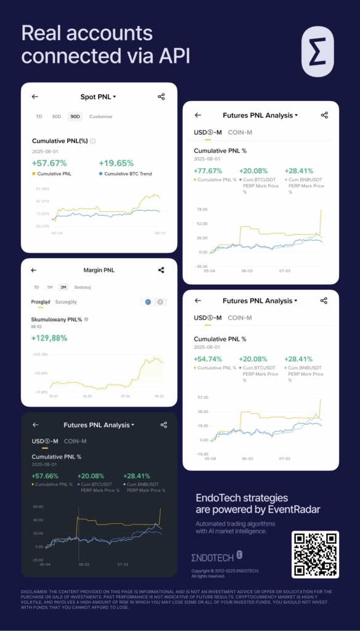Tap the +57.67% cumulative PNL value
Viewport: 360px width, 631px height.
49,163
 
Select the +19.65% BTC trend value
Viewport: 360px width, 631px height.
116,163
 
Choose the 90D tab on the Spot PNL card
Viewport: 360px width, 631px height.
75,116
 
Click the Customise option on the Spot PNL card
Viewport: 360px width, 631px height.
100,116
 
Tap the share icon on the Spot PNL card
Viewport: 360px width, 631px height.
161,97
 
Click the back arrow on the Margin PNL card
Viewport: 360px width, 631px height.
35,270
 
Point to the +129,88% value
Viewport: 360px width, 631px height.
49,338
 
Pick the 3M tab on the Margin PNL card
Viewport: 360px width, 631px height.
63,287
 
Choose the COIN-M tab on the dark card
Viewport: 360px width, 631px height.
75,441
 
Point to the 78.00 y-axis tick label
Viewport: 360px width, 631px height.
202,210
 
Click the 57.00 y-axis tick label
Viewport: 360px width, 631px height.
202,398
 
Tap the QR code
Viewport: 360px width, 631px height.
315,554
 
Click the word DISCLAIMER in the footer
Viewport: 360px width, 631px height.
35,592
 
